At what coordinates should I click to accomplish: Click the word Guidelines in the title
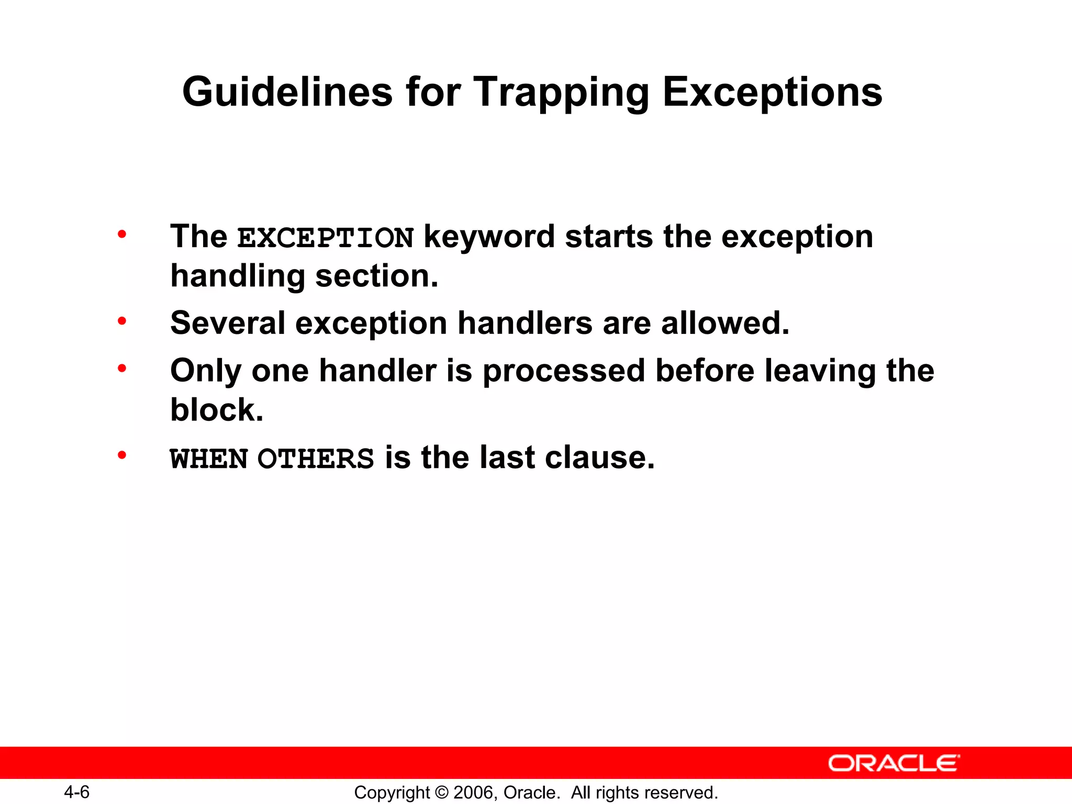coord(287,92)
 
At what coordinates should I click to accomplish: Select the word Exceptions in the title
coord(773,92)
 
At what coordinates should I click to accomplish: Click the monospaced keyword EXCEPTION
coord(326,238)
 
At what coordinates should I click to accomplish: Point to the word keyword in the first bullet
coord(489,237)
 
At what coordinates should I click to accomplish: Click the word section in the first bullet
coord(376,276)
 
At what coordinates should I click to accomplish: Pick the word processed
coord(564,371)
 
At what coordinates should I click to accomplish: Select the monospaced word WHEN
coord(209,459)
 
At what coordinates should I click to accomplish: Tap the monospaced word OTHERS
coord(316,459)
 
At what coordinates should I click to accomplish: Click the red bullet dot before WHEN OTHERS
coord(122,455)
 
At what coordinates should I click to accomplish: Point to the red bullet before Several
coord(122,320)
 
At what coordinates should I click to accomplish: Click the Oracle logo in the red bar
coord(894,763)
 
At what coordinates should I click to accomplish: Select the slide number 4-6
coord(76,792)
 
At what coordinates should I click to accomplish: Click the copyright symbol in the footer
coord(442,792)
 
